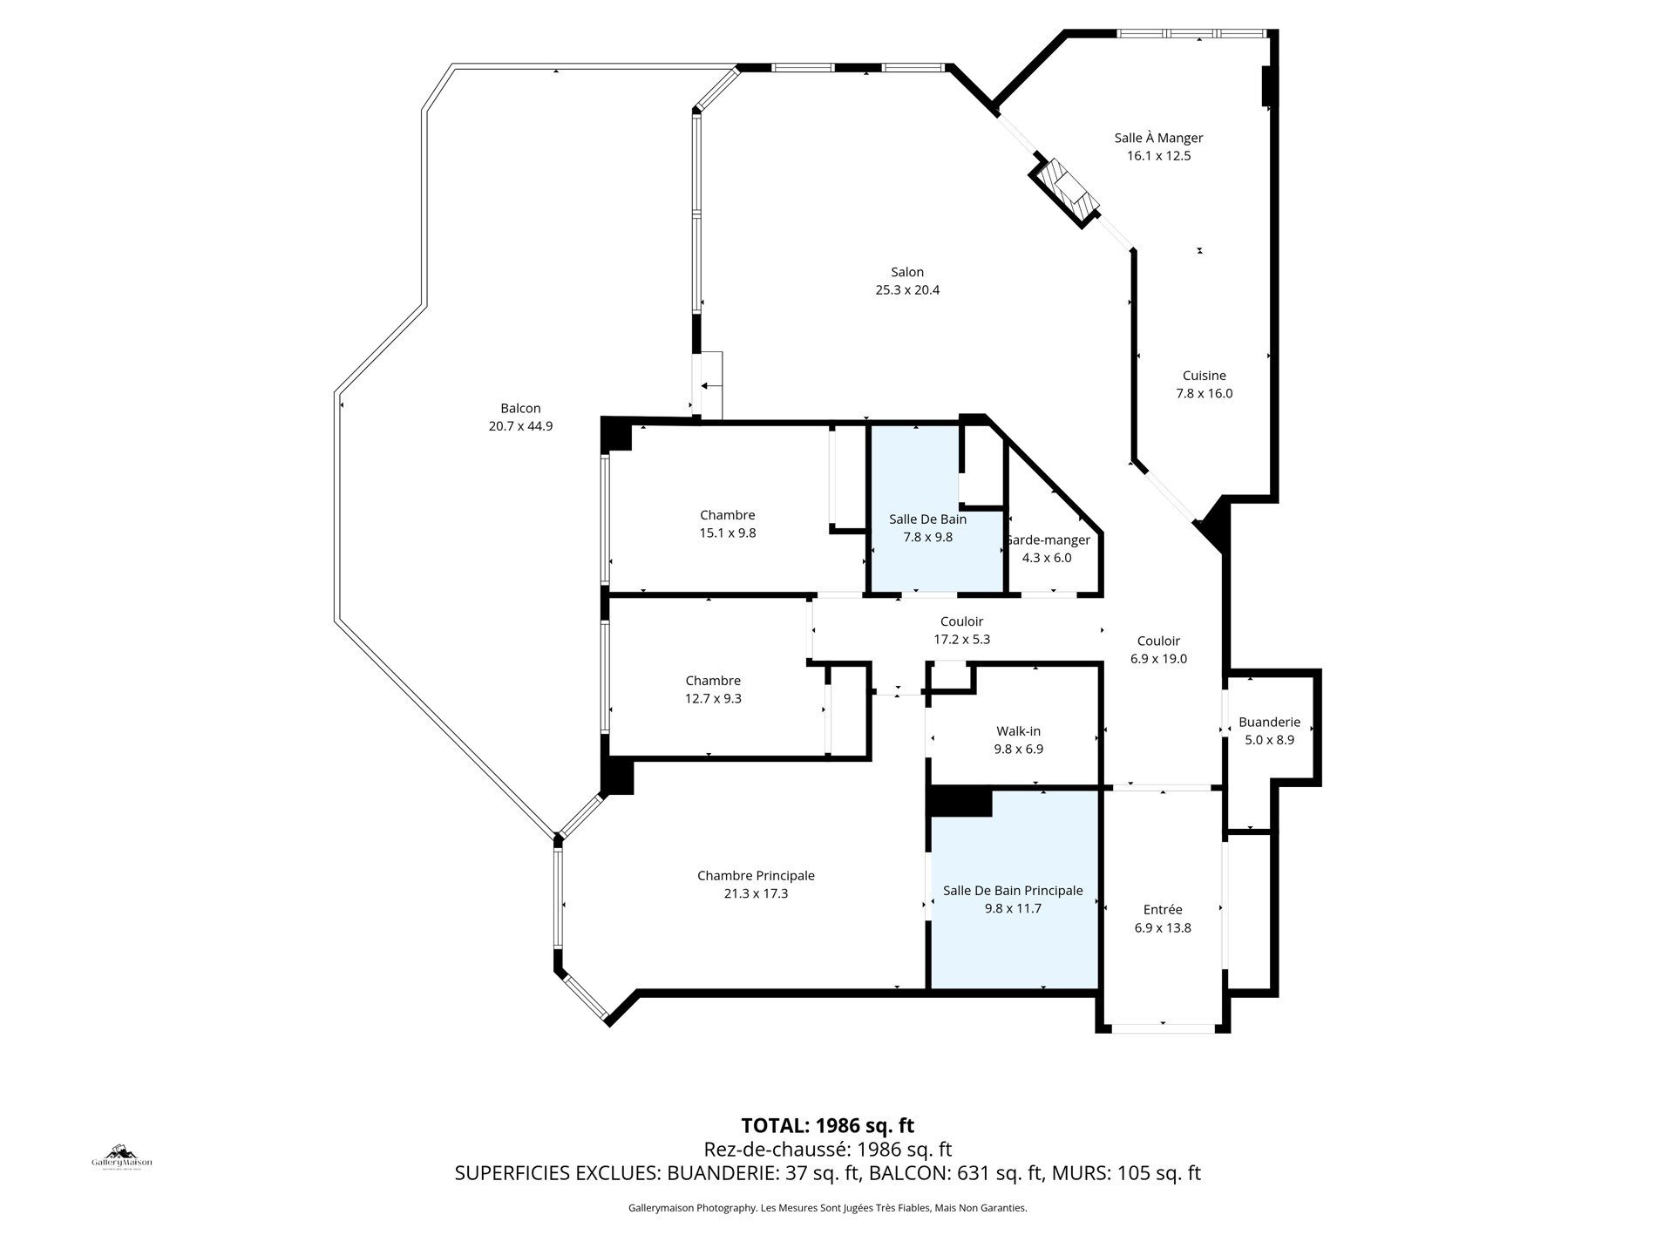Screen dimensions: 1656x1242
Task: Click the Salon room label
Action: [907, 272]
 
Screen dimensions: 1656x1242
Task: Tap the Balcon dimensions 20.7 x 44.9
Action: [520, 426]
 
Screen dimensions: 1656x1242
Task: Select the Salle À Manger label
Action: [1158, 138]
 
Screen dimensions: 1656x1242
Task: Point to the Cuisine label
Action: [1204, 376]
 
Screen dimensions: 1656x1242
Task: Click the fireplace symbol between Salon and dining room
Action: [1065, 192]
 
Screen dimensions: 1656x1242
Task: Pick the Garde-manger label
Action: [1047, 540]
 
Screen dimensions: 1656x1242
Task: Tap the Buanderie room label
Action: [1269, 722]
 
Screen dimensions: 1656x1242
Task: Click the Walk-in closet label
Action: [1018, 731]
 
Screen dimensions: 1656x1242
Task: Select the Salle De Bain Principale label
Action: [1013, 891]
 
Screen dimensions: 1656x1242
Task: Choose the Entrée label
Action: [1163, 910]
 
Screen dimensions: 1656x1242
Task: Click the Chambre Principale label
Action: [756, 876]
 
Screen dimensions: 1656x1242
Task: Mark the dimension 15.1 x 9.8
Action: [728, 533]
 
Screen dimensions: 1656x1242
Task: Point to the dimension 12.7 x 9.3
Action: [713, 698]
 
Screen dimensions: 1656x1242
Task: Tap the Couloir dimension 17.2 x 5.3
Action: [962, 639]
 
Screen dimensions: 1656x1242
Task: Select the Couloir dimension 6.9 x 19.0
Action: [1158, 659]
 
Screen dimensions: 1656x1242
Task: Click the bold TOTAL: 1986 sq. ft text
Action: [827, 1125]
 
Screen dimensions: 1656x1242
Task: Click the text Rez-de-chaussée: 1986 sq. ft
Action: [827, 1149]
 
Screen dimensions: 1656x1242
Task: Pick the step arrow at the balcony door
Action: [711, 384]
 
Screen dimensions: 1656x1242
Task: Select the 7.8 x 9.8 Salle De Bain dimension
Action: [927, 537]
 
